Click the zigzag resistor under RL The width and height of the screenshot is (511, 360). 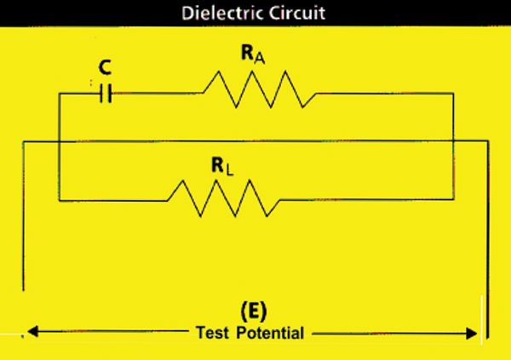point(223,197)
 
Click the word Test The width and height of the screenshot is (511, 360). point(212,332)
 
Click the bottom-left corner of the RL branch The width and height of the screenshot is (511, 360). point(58,200)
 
